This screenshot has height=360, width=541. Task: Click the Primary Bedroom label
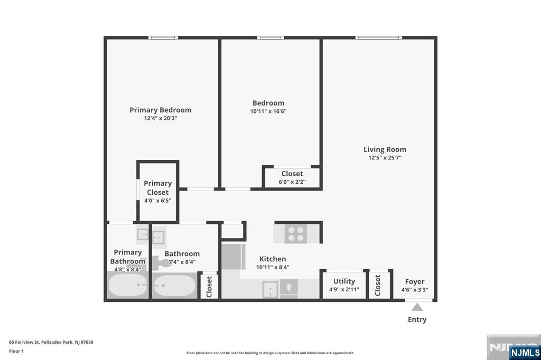[161, 110]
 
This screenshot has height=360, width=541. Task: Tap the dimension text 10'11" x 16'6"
[269, 111]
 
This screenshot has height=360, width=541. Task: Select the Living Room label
[385, 149]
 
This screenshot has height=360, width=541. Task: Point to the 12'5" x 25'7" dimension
[385, 158]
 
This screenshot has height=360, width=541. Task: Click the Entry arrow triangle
[417, 307]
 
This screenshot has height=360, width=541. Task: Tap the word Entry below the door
[417, 319]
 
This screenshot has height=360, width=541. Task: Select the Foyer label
[415, 281]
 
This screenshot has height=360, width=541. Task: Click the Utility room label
[344, 281]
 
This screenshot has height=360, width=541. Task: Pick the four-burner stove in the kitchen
[296, 234]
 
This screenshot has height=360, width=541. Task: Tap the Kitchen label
[273, 259]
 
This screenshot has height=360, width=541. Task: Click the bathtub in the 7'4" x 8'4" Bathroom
[174, 286]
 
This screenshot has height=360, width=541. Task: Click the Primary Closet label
[157, 188]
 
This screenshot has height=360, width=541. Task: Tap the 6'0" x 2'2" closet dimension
[292, 182]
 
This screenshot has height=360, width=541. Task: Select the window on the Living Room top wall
[378, 37]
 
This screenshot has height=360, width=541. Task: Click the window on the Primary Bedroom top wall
[162, 37]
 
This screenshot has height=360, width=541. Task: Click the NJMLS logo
[524, 352]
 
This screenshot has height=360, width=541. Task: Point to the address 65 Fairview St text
[51, 342]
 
